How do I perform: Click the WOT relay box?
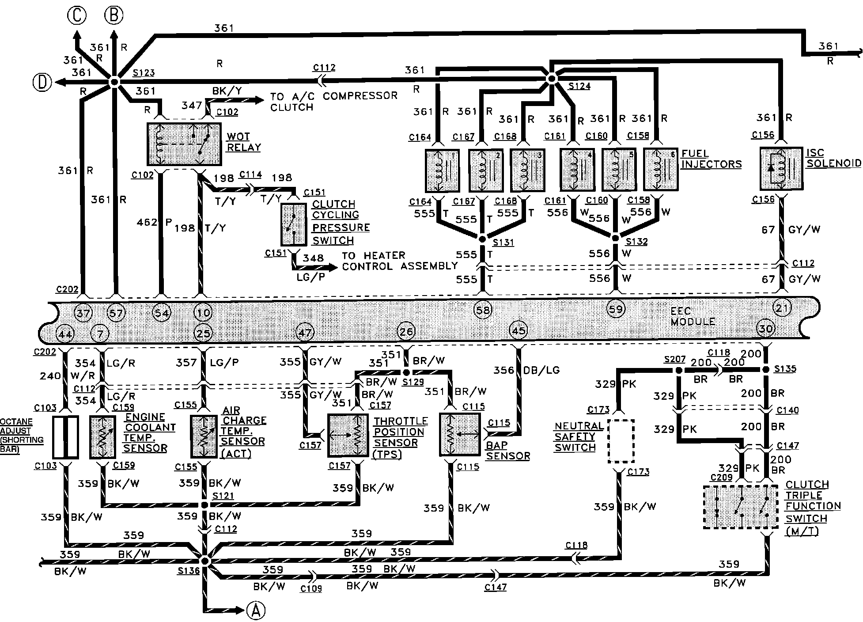pos(184,144)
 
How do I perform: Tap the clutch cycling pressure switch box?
pos(294,224)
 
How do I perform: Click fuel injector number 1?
pos(442,170)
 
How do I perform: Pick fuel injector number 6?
pos(660,169)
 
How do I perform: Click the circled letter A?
pos(255,611)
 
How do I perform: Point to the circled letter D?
pos(42,83)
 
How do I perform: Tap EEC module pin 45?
pos(518,330)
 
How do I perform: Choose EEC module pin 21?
pos(782,308)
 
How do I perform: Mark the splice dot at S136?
pos(204,560)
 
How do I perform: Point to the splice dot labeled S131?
pos(482,239)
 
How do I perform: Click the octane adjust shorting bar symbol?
pos(65,436)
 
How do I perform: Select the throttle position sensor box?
pos(348,436)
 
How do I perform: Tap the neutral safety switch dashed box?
pos(621,441)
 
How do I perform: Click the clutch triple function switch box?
pos(740,507)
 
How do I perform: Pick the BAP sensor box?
pos(460,434)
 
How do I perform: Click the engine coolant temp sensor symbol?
pos(102,436)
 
